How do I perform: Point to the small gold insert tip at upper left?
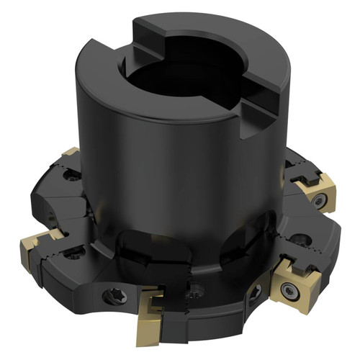tap(70, 153)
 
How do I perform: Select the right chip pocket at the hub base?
tap(245, 245)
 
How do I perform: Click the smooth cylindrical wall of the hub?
tap(166, 173)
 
